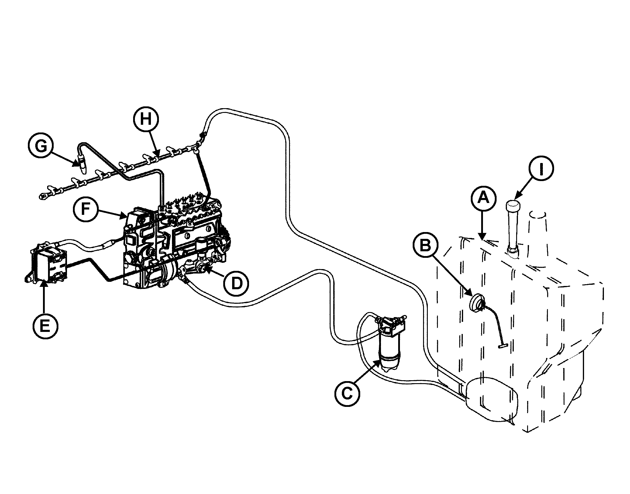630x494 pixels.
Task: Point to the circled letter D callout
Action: click(237, 284)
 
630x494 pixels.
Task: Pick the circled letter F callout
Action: click(86, 209)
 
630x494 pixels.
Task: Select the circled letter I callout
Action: click(541, 169)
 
